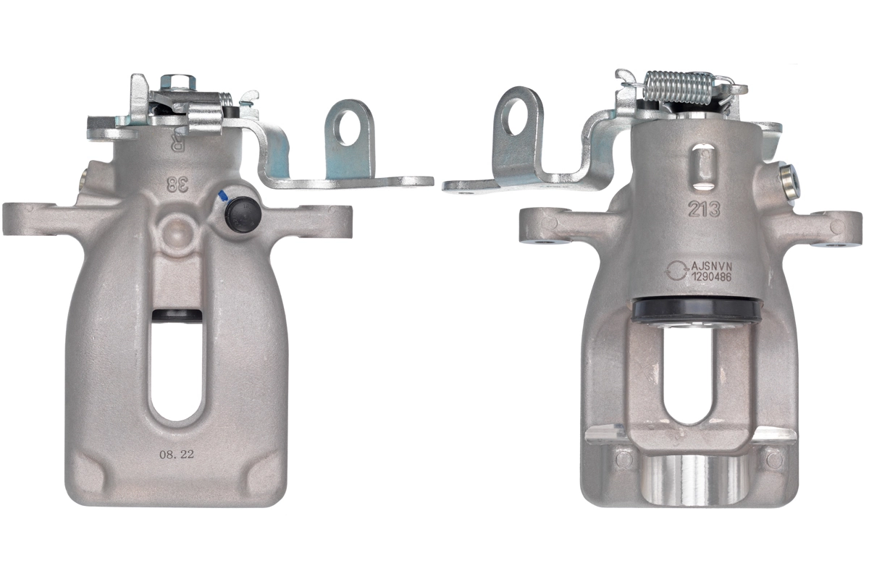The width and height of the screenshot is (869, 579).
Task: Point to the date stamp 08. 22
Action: [176, 455]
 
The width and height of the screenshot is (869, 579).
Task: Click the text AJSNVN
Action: [717, 265]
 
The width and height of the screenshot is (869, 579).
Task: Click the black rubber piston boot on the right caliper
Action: [696, 310]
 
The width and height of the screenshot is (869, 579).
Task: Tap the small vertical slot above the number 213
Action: [701, 160]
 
